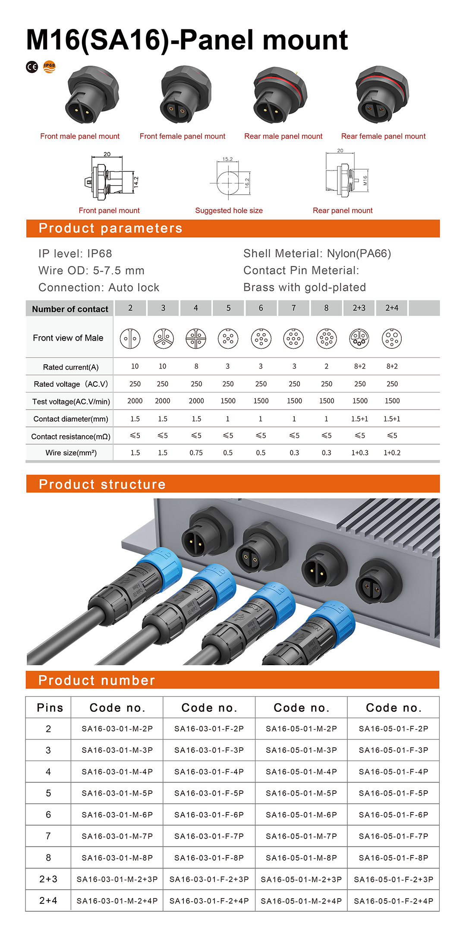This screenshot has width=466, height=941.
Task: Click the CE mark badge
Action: (x=32, y=67)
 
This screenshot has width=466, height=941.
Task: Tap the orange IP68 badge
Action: (x=50, y=66)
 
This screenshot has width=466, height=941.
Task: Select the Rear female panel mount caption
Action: (x=383, y=136)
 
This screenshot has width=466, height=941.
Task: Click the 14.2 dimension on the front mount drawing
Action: (x=136, y=182)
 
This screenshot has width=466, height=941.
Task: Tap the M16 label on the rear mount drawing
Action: (x=365, y=180)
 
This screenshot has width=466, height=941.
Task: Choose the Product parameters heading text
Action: (x=110, y=228)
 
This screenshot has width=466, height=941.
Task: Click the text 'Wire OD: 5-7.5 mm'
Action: (x=91, y=271)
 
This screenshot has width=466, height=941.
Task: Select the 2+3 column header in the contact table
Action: (x=359, y=308)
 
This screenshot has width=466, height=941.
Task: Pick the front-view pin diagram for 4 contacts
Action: (x=196, y=339)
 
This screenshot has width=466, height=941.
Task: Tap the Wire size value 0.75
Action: (x=196, y=453)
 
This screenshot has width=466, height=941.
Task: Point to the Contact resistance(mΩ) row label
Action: (x=71, y=436)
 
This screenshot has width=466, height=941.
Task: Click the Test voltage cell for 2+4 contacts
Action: (x=392, y=401)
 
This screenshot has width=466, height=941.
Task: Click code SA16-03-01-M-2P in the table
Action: (x=117, y=729)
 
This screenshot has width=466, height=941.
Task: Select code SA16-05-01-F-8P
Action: (x=394, y=858)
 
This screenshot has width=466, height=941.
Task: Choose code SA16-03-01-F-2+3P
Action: (x=209, y=880)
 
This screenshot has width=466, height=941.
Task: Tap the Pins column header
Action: (x=50, y=708)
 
